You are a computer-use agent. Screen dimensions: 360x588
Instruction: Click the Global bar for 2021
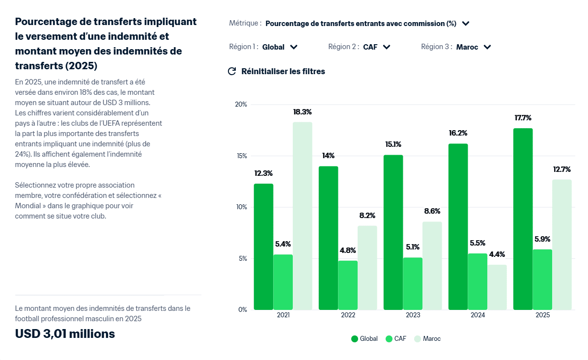(263, 247)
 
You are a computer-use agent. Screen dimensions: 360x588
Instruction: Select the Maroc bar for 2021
(302, 216)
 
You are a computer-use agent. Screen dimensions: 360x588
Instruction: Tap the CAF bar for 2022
(348, 285)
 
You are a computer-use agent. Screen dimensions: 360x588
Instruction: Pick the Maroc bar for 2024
(497, 287)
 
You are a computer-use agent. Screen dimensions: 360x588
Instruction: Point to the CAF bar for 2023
(413, 283)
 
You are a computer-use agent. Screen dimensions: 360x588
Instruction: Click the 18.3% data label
(302, 112)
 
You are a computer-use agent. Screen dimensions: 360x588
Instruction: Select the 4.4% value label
(497, 254)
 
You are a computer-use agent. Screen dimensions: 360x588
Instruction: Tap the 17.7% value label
(523, 118)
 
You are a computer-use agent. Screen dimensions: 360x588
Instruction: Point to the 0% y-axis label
(242, 309)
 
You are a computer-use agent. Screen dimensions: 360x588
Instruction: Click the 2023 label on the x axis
(413, 315)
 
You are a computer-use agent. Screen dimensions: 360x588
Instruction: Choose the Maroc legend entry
(427, 339)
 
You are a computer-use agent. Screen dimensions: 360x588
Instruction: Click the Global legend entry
(364, 339)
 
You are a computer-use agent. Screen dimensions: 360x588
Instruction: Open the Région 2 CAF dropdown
(376, 47)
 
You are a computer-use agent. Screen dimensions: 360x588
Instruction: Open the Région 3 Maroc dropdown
(473, 47)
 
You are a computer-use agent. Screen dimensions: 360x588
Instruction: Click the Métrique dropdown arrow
(466, 23)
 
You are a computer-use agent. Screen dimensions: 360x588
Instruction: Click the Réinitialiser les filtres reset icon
(232, 71)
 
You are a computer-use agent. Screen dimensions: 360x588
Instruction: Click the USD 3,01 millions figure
(65, 334)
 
